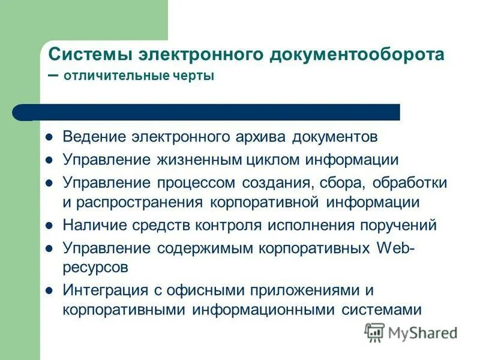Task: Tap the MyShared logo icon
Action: click(374, 331)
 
